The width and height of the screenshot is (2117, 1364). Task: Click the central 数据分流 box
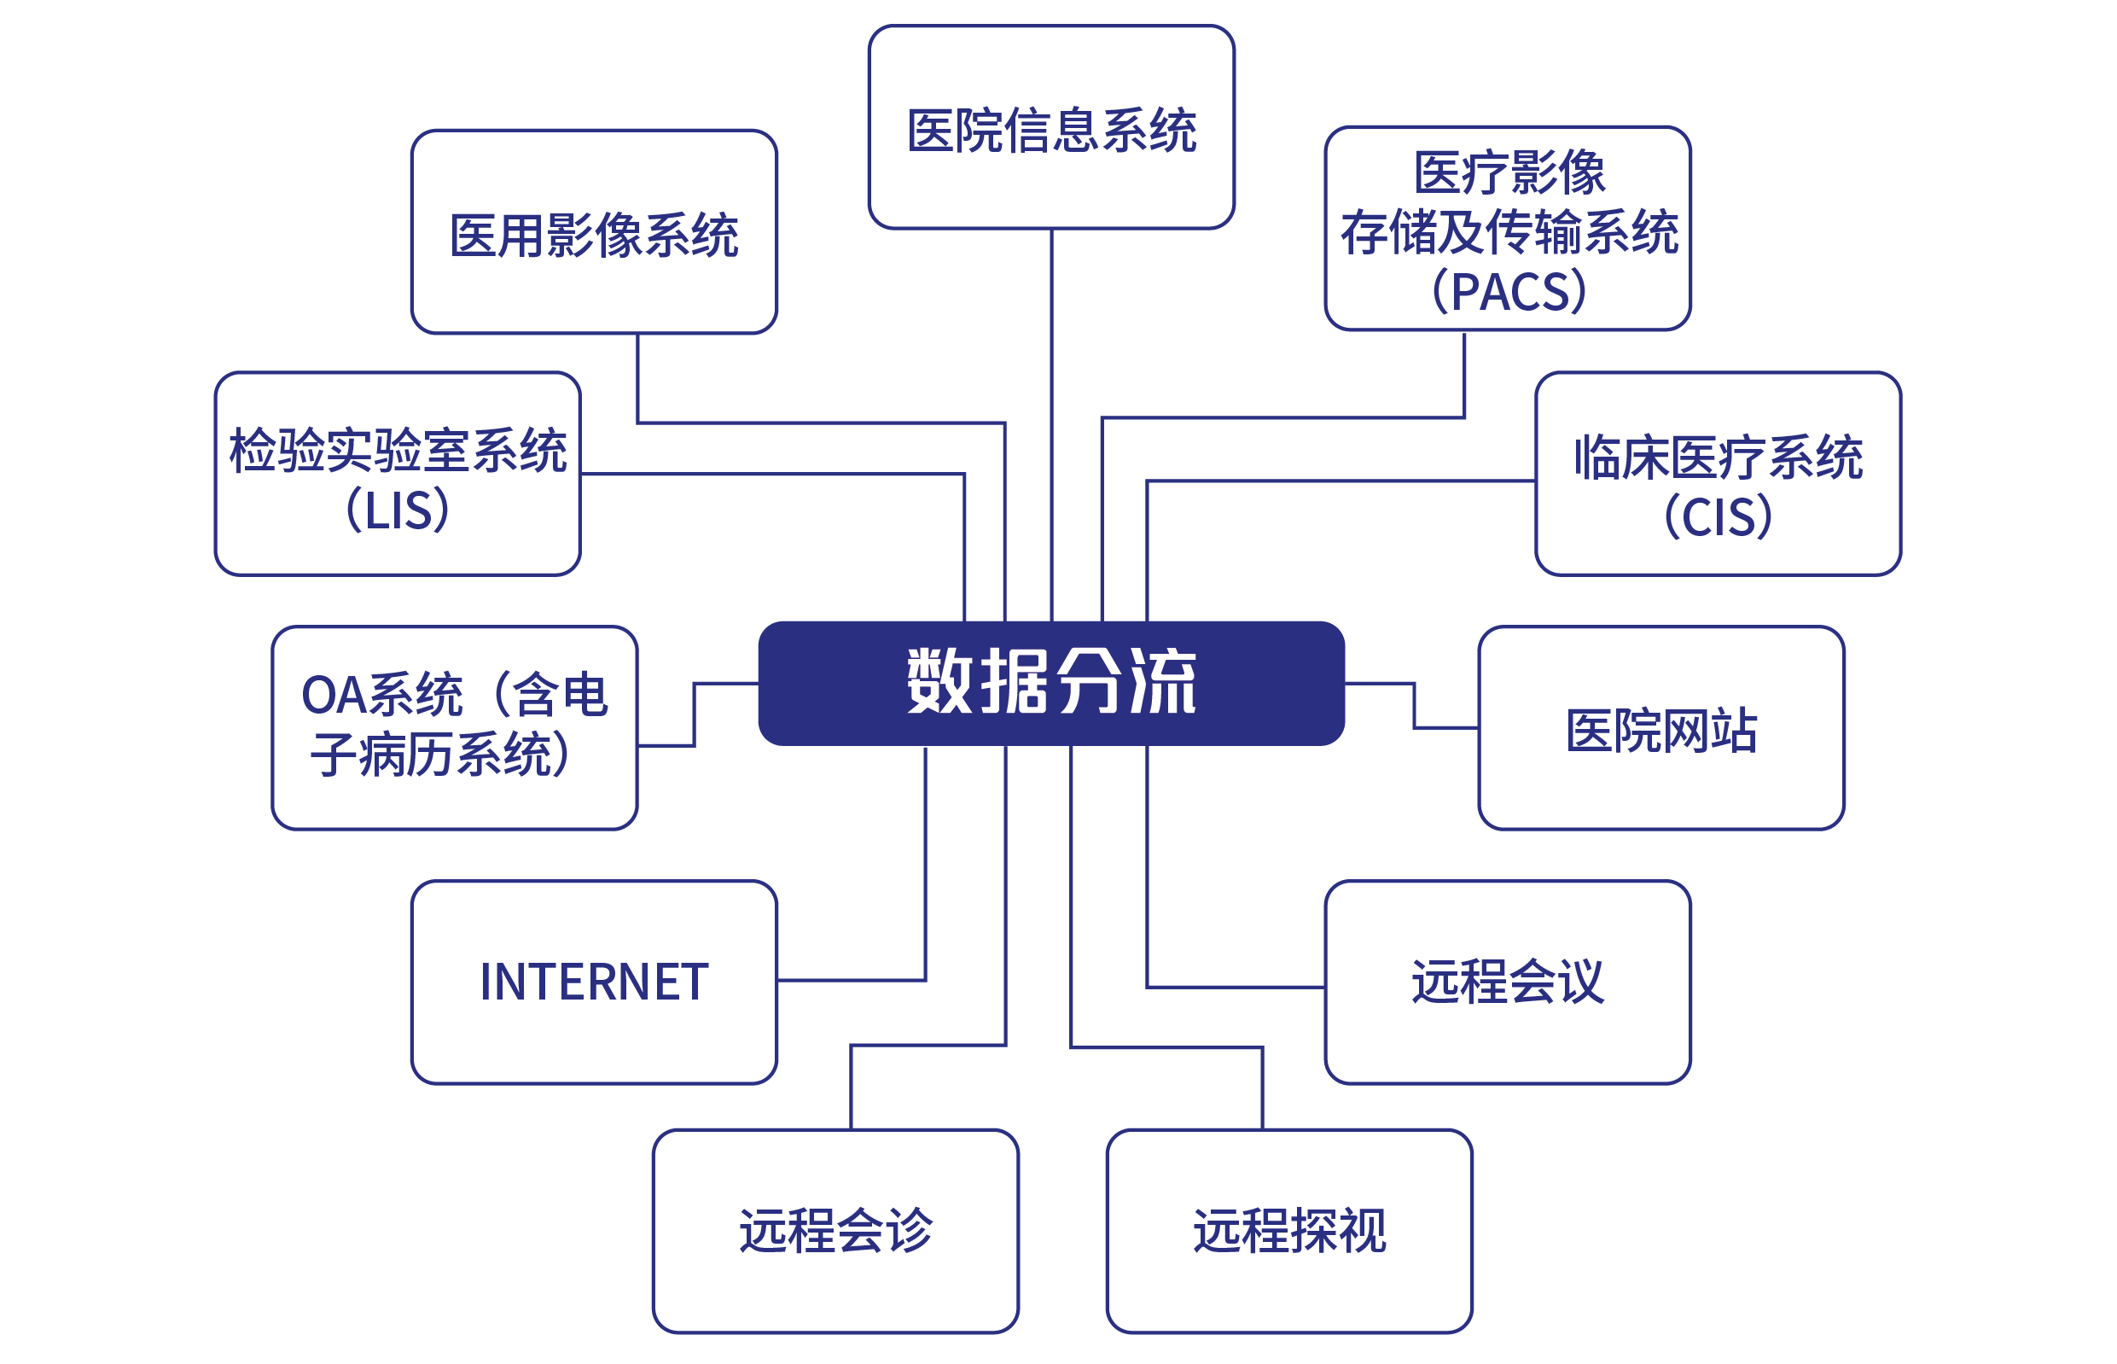click(x=1050, y=683)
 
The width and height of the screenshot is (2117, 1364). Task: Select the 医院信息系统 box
click(x=1050, y=127)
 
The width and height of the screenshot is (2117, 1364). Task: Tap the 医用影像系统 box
click(x=593, y=232)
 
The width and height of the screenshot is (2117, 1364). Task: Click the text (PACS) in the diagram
click(x=1509, y=291)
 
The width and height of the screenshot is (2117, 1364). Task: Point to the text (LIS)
click(x=397, y=510)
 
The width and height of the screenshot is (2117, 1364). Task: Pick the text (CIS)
click(x=1717, y=516)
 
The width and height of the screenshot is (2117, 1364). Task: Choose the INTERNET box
click(x=593, y=982)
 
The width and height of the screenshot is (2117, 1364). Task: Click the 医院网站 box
click(x=1660, y=728)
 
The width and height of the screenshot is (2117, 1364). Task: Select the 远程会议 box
click(x=1507, y=982)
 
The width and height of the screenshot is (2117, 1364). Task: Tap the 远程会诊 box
click(x=835, y=1230)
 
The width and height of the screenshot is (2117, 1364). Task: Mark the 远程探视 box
click(x=1288, y=1230)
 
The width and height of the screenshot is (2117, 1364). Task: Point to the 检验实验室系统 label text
click(x=397, y=450)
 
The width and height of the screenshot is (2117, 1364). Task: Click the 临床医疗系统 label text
click(x=1717, y=457)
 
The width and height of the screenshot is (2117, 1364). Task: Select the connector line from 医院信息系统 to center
click(x=1051, y=425)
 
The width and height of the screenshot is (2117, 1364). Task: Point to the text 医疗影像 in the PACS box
click(x=1509, y=172)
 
